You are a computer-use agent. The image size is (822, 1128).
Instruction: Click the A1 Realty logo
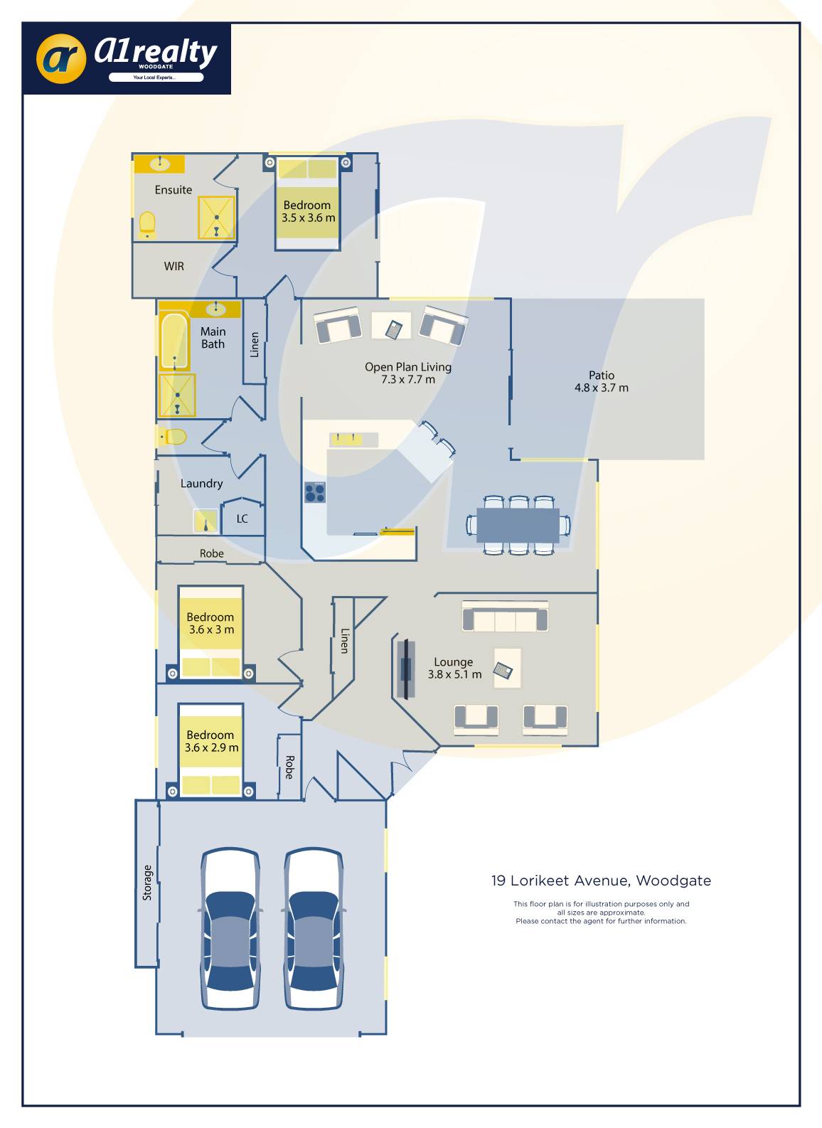pos(127,58)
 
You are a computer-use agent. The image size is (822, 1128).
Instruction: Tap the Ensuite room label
pos(174,190)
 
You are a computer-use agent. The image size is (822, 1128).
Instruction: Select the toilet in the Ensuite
pos(147,224)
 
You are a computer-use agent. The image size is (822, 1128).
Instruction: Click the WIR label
pos(174,266)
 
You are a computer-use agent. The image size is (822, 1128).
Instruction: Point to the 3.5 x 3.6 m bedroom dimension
pos(308,218)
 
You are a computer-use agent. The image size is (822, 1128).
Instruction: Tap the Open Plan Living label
pos(408,367)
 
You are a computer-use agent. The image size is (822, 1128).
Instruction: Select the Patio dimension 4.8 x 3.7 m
pos(602,388)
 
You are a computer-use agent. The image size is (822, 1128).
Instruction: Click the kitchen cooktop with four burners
pos(315,492)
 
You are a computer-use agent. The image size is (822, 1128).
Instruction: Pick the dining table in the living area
pos(518,526)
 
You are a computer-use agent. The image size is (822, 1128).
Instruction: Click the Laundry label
pos(201,484)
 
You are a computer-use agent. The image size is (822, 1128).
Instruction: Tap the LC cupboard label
pos(242,519)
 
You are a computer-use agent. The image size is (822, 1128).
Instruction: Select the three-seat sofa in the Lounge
pos(505,617)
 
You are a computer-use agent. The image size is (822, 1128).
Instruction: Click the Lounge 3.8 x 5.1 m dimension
pos(454,674)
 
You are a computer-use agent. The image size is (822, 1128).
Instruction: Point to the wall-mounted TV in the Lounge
pos(406,669)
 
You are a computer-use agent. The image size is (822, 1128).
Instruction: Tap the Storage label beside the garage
pos(147,883)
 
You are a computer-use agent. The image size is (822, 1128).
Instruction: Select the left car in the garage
pos(230,928)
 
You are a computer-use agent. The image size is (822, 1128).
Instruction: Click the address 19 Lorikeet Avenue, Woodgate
pos(601,880)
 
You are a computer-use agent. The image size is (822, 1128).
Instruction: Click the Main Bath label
pos(213,338)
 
